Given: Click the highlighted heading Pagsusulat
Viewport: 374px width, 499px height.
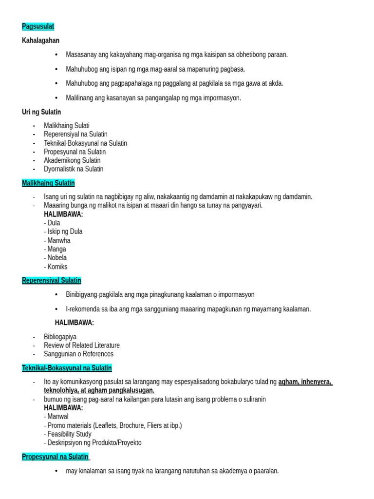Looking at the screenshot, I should tap(38, 26).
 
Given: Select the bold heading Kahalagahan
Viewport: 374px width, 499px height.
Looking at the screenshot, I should tap(40, 40).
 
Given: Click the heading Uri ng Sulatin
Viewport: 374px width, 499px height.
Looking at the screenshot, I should tap(41, 112).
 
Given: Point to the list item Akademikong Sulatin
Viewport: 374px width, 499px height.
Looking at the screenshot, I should tap(72, 160).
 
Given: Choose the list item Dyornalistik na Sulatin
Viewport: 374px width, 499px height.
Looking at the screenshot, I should tap(74, 169).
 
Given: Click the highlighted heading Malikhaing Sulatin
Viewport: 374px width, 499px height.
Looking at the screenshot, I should tap(48, 183).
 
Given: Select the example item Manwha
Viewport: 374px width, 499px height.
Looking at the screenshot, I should tap(59, 240).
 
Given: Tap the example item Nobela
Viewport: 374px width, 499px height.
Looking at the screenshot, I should tap(57, 258).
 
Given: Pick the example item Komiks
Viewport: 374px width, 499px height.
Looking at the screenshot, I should tap(57, 267).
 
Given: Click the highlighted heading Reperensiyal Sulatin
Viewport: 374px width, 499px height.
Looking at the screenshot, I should tap(52, 281).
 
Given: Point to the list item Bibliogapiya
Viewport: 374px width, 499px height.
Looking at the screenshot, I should tap(60, 337).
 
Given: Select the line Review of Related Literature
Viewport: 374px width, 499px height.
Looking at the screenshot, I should tap(81, 345).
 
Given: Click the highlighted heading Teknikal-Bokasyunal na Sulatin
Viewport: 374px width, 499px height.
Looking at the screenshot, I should tap(67, 368).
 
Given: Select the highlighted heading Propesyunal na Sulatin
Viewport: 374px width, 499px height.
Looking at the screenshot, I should tap(56, 457).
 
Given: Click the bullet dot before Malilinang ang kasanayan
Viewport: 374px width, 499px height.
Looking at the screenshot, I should tap(56, 98).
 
